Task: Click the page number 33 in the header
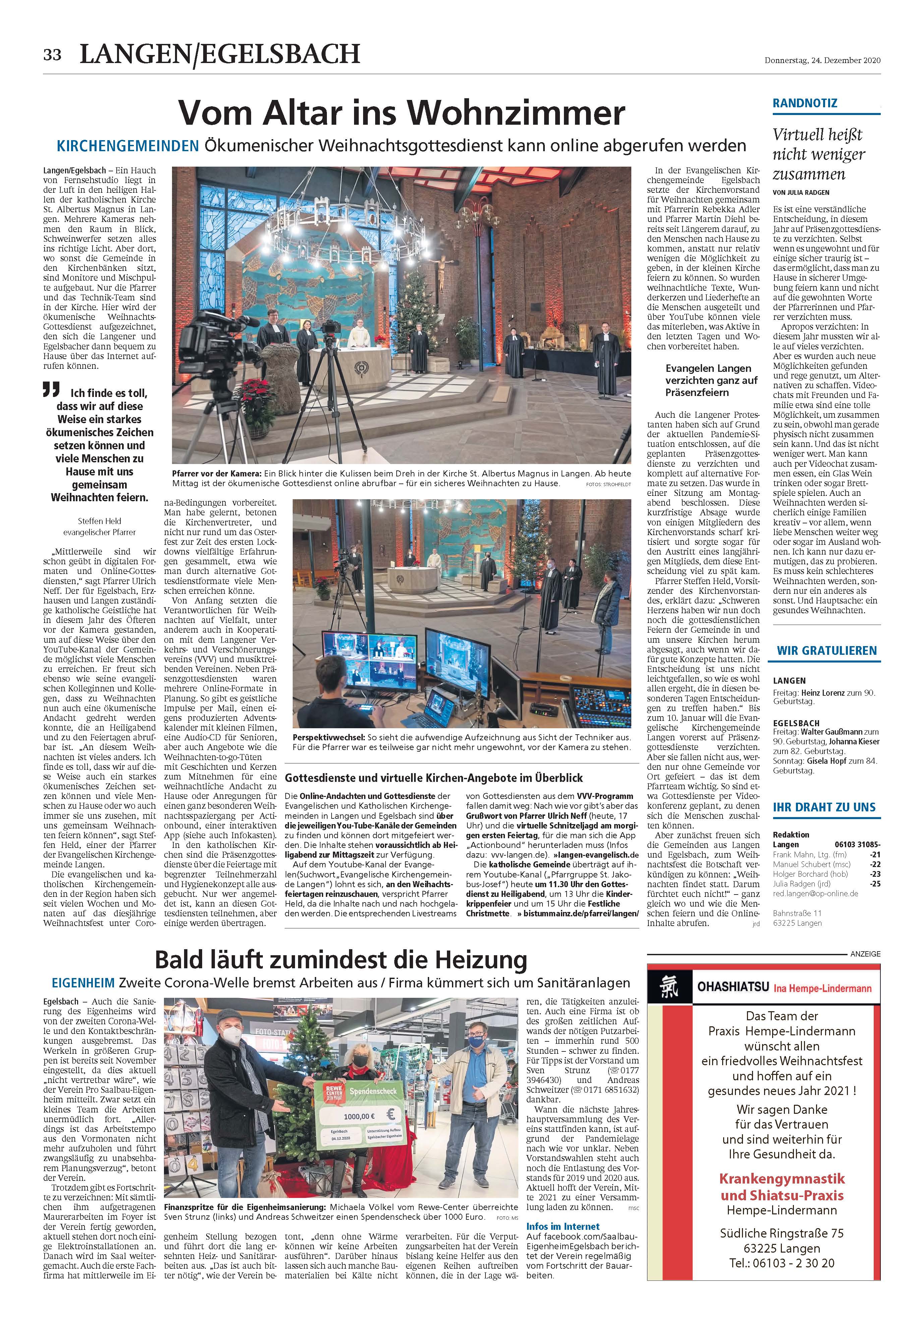52,55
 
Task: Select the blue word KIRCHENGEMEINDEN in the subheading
128,146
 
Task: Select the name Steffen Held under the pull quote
101,521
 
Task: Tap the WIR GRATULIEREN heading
826,651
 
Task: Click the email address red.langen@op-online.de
815,894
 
